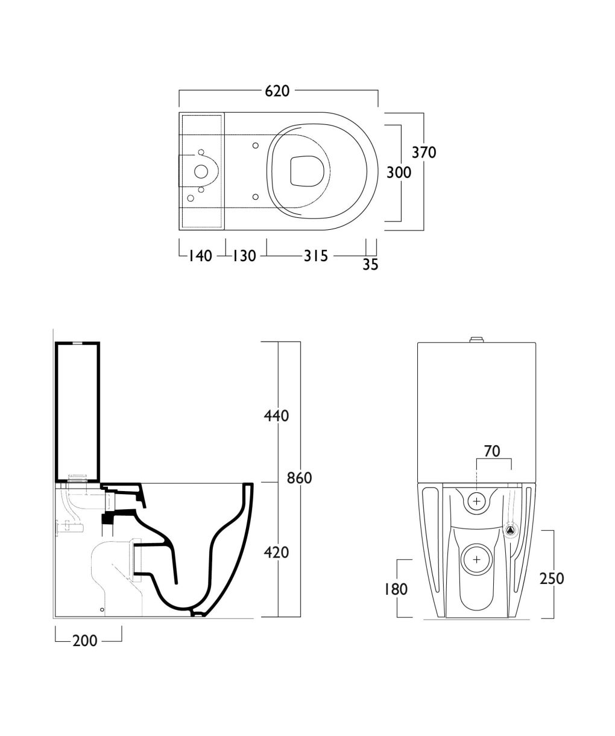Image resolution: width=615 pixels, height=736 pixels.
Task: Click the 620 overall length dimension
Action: click(277, 91)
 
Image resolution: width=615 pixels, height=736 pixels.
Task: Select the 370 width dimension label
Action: click(424, 152)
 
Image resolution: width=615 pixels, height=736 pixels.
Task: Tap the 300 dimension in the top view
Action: click(399, 173)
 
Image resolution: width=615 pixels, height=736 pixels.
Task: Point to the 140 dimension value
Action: click(200, 256)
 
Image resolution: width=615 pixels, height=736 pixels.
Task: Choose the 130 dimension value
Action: click(244, 256)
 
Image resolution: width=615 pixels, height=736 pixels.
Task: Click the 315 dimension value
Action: click(316, 256)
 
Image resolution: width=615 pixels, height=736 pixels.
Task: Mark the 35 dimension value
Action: click(370, 264)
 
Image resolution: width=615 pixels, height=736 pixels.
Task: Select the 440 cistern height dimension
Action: click(277, 416)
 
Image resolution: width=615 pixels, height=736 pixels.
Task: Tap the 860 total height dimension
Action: click(300, 478)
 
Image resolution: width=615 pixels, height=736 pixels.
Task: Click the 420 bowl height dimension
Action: click(277, 553)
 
